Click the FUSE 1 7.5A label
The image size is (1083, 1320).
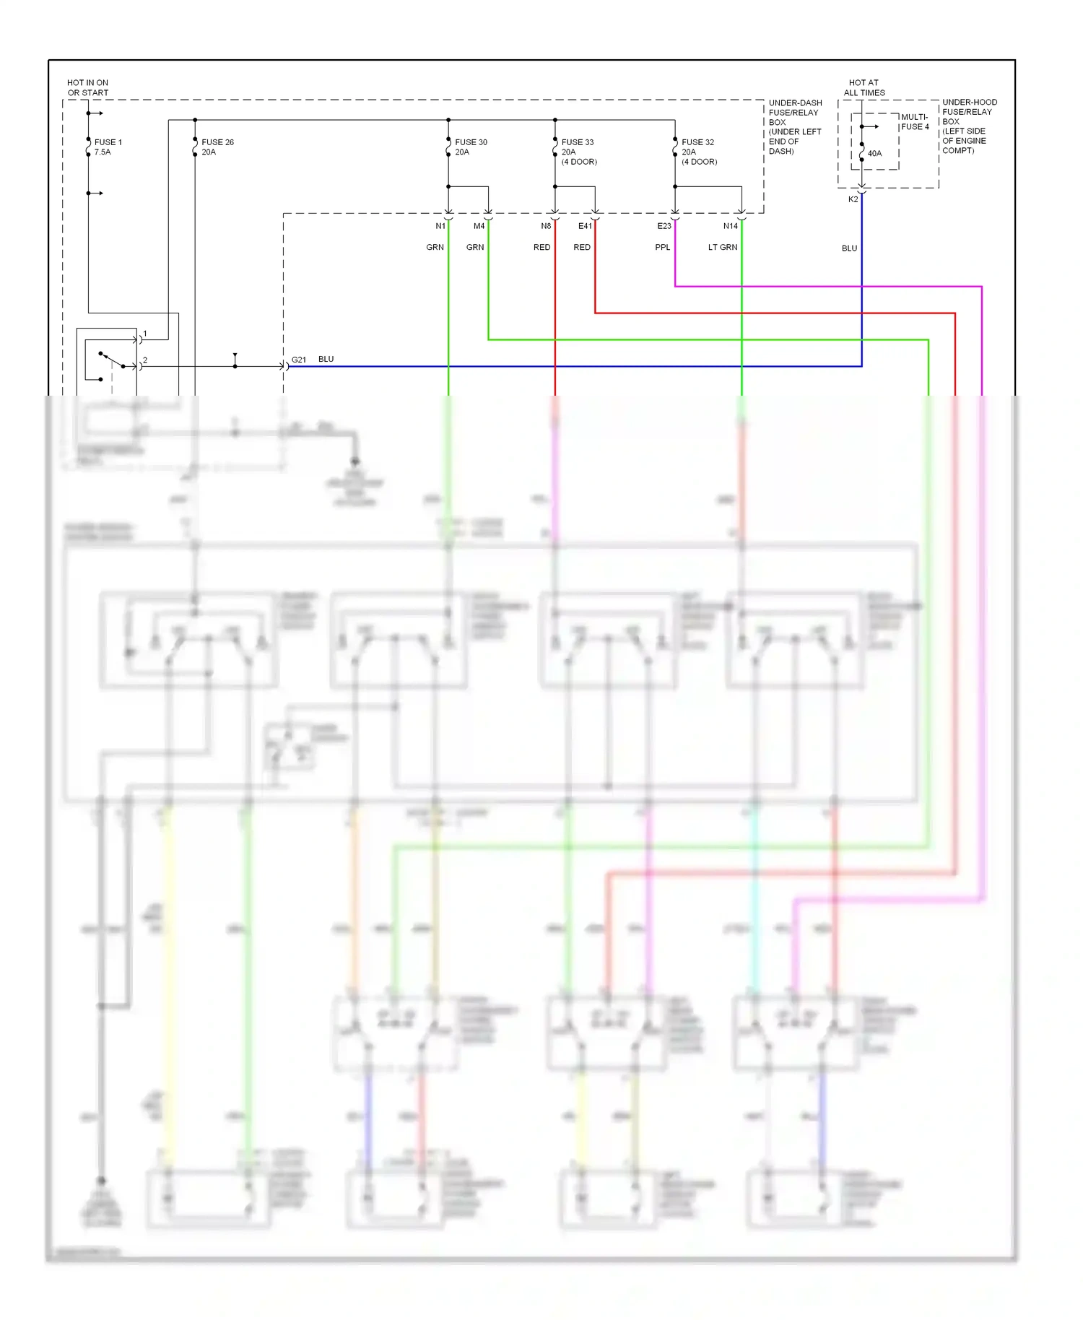108,147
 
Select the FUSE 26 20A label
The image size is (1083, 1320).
217,147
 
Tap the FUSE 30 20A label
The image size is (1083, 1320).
471,147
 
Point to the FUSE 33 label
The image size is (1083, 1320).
578,142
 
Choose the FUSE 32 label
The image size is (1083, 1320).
697,142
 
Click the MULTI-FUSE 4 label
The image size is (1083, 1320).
915,122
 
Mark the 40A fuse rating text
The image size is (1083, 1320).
874,154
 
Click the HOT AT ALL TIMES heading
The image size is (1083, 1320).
864,88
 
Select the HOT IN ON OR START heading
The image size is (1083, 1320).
87,88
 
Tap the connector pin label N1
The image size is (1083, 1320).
440,226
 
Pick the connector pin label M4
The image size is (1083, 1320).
479,226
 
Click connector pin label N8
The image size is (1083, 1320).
546,226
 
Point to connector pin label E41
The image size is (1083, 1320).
585,226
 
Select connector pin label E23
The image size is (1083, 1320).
664,226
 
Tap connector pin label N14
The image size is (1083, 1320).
731,226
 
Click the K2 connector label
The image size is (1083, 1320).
853,199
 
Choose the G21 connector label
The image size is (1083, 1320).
299,360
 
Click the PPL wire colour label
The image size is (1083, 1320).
662,247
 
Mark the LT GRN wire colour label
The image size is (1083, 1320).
723,247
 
